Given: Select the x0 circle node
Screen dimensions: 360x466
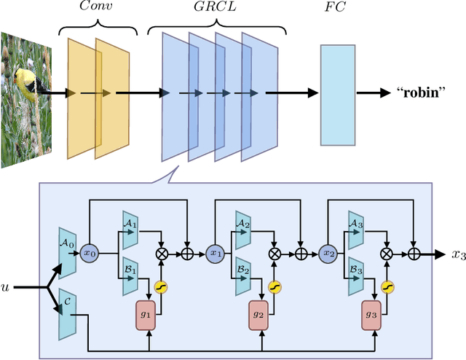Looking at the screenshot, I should [90, 253].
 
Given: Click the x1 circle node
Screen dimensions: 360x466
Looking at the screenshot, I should [216, 253].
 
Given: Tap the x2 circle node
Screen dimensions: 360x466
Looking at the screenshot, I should [328, 253].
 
